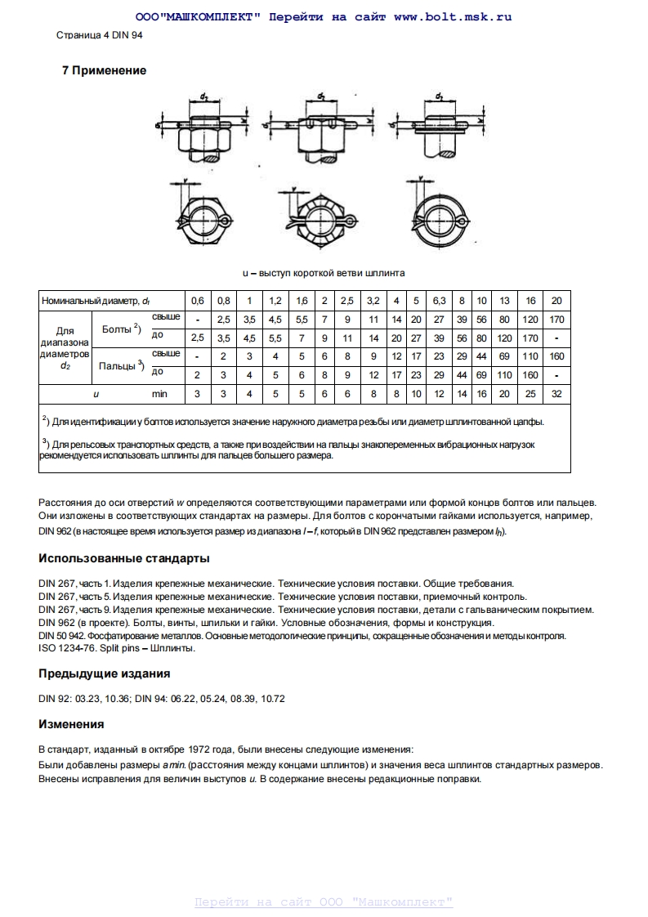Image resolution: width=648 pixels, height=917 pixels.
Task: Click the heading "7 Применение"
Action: tap(104, 70)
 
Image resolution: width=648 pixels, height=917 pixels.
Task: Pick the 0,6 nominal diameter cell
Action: tap(198, 301)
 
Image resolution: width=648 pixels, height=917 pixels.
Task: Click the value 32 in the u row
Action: tap(556, 393)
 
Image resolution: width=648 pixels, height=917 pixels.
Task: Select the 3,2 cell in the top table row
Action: tap(373, 301)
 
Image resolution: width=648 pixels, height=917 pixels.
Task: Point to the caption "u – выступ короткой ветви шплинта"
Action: tap(324, 272)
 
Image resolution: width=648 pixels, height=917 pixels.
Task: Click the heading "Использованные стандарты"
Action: tap(124, 558)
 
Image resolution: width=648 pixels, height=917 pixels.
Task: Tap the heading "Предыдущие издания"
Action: tap(105, 673)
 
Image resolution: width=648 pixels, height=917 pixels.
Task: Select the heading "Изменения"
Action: tap(71, 724)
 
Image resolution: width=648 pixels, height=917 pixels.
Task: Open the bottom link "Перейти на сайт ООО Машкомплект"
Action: tap(324, 902)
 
